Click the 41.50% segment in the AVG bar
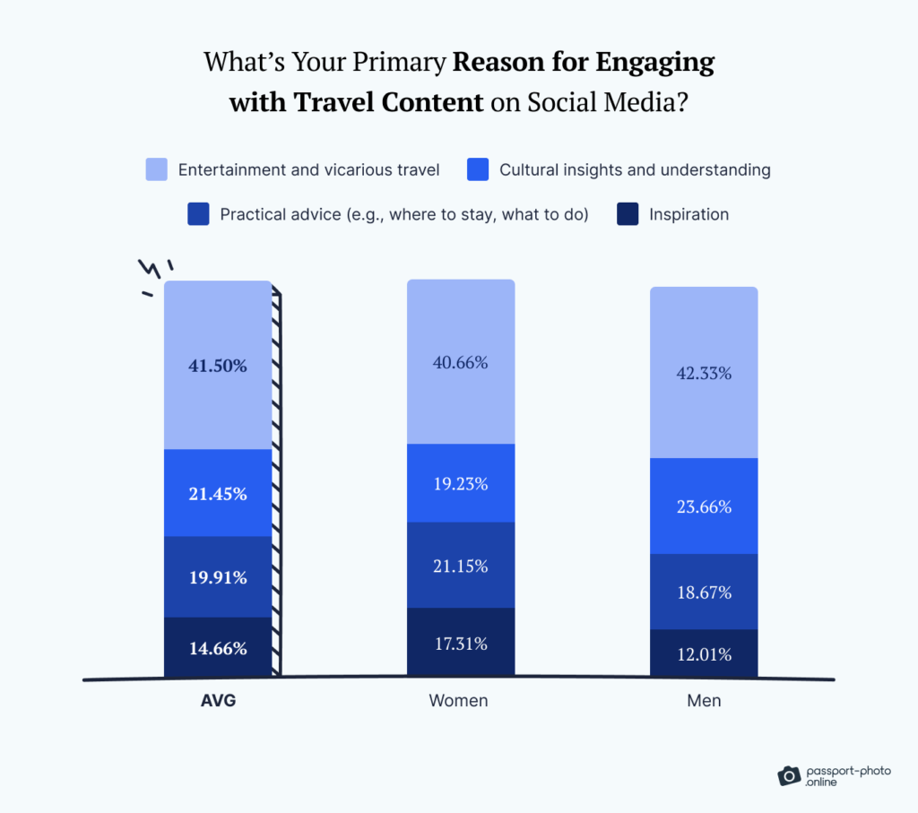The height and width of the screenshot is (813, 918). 218,365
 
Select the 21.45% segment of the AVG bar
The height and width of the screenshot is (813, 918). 218,493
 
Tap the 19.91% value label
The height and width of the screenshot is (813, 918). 218,577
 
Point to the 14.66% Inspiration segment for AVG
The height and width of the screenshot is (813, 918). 218,648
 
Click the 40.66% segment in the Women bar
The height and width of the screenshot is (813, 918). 461,362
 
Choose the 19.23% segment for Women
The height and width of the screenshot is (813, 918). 461,483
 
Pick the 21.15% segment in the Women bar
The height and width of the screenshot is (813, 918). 461,566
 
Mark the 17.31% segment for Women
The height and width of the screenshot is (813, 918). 461,643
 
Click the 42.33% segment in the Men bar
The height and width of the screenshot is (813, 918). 704,373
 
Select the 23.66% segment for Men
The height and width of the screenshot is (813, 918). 704,506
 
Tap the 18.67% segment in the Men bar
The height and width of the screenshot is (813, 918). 704,592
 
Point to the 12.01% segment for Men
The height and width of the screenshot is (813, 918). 704,654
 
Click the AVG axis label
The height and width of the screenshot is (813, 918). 218,701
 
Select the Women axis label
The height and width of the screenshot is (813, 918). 458,701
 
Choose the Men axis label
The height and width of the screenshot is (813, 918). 704,701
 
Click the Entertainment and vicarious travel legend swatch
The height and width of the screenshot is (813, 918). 157,169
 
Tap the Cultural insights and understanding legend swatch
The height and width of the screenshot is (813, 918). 478,169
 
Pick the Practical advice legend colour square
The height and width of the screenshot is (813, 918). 198,214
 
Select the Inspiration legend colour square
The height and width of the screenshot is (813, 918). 628,214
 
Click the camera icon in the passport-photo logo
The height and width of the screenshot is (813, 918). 789,775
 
